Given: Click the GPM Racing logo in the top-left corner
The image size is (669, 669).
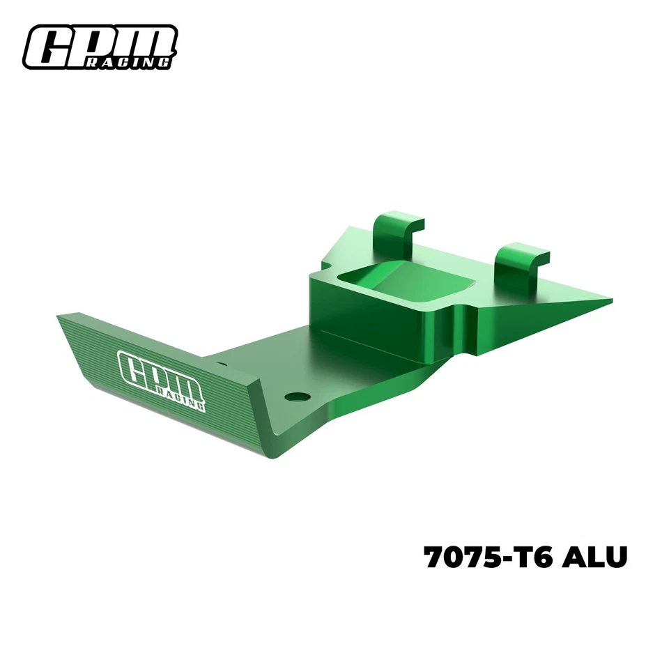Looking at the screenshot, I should (100, 48).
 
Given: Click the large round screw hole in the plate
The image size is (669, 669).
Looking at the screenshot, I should (298, 397).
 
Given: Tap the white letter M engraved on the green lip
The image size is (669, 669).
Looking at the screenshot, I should (190, 385).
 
